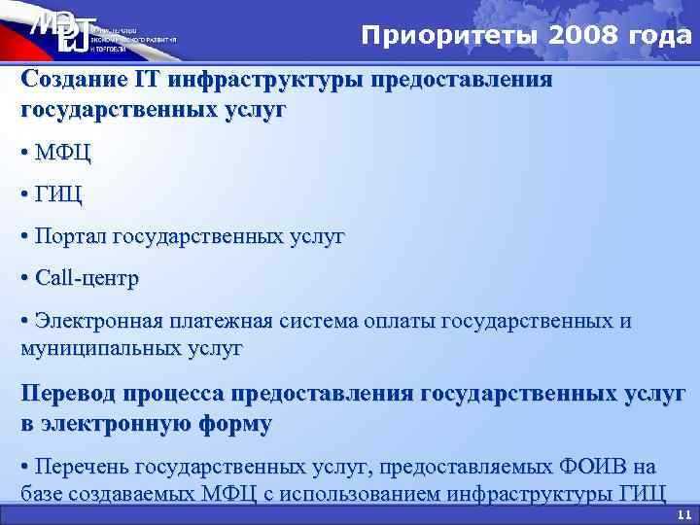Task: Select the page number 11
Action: [x=682, y=515]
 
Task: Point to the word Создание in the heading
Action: [x=69, y=80]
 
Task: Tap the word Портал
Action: [x=70, y=236]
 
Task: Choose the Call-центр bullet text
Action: [x=87, y=278]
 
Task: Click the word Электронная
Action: [x=101, y=321]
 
